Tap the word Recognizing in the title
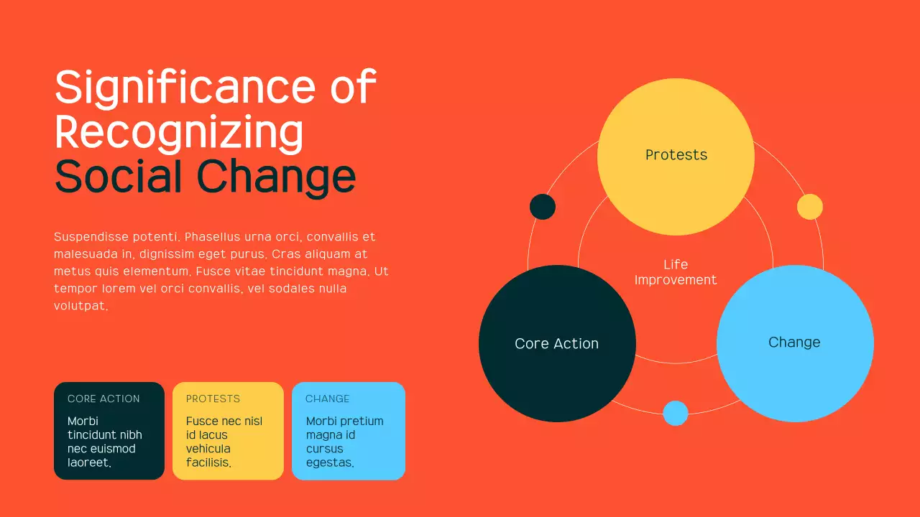[x=179, y=132]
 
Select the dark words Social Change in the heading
[x=205, y=177]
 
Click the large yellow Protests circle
[x=676, y=156]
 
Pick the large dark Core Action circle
[x=557, y=344]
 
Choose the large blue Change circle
[x=795, y=343]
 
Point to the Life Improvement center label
[x=676, y=272]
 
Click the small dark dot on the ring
[x=543, y=207]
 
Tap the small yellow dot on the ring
[x=809, y=207]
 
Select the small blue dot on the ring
[x=676, y=413]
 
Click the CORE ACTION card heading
[x=103, y=399]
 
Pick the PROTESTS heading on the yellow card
[x=213, y=399]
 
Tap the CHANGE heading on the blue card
[x=327, y=399]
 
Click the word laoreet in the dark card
[x=88, y=463]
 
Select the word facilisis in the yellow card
[x=208, y=463]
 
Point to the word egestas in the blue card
[x=329, y=463]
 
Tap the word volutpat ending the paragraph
[x=80, y=306]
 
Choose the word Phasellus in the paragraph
[x=213, y=237]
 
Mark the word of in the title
[x=353, y=88]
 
